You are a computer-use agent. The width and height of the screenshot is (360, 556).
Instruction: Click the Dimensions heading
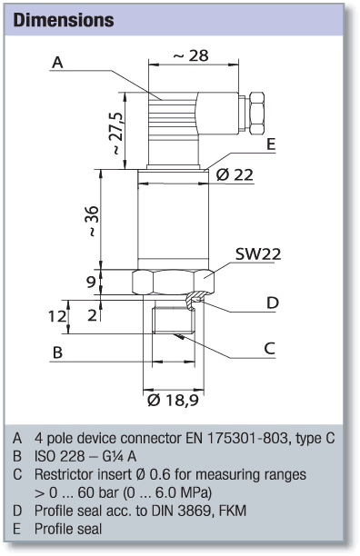64,20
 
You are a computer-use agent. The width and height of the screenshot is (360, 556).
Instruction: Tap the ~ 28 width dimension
191,55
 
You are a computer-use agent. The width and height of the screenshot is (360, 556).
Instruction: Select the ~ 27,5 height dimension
117,134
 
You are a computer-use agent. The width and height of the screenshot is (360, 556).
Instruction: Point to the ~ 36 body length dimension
92,221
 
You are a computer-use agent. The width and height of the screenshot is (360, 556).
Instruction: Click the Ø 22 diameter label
235,174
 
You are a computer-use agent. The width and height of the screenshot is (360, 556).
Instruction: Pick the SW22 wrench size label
258,253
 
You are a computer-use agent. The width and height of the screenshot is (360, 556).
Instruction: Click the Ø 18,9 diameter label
173,400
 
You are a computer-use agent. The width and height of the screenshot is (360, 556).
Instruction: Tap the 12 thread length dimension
57,316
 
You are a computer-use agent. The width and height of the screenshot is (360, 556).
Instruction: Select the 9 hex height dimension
91,283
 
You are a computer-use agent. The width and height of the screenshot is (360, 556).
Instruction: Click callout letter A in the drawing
57,63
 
